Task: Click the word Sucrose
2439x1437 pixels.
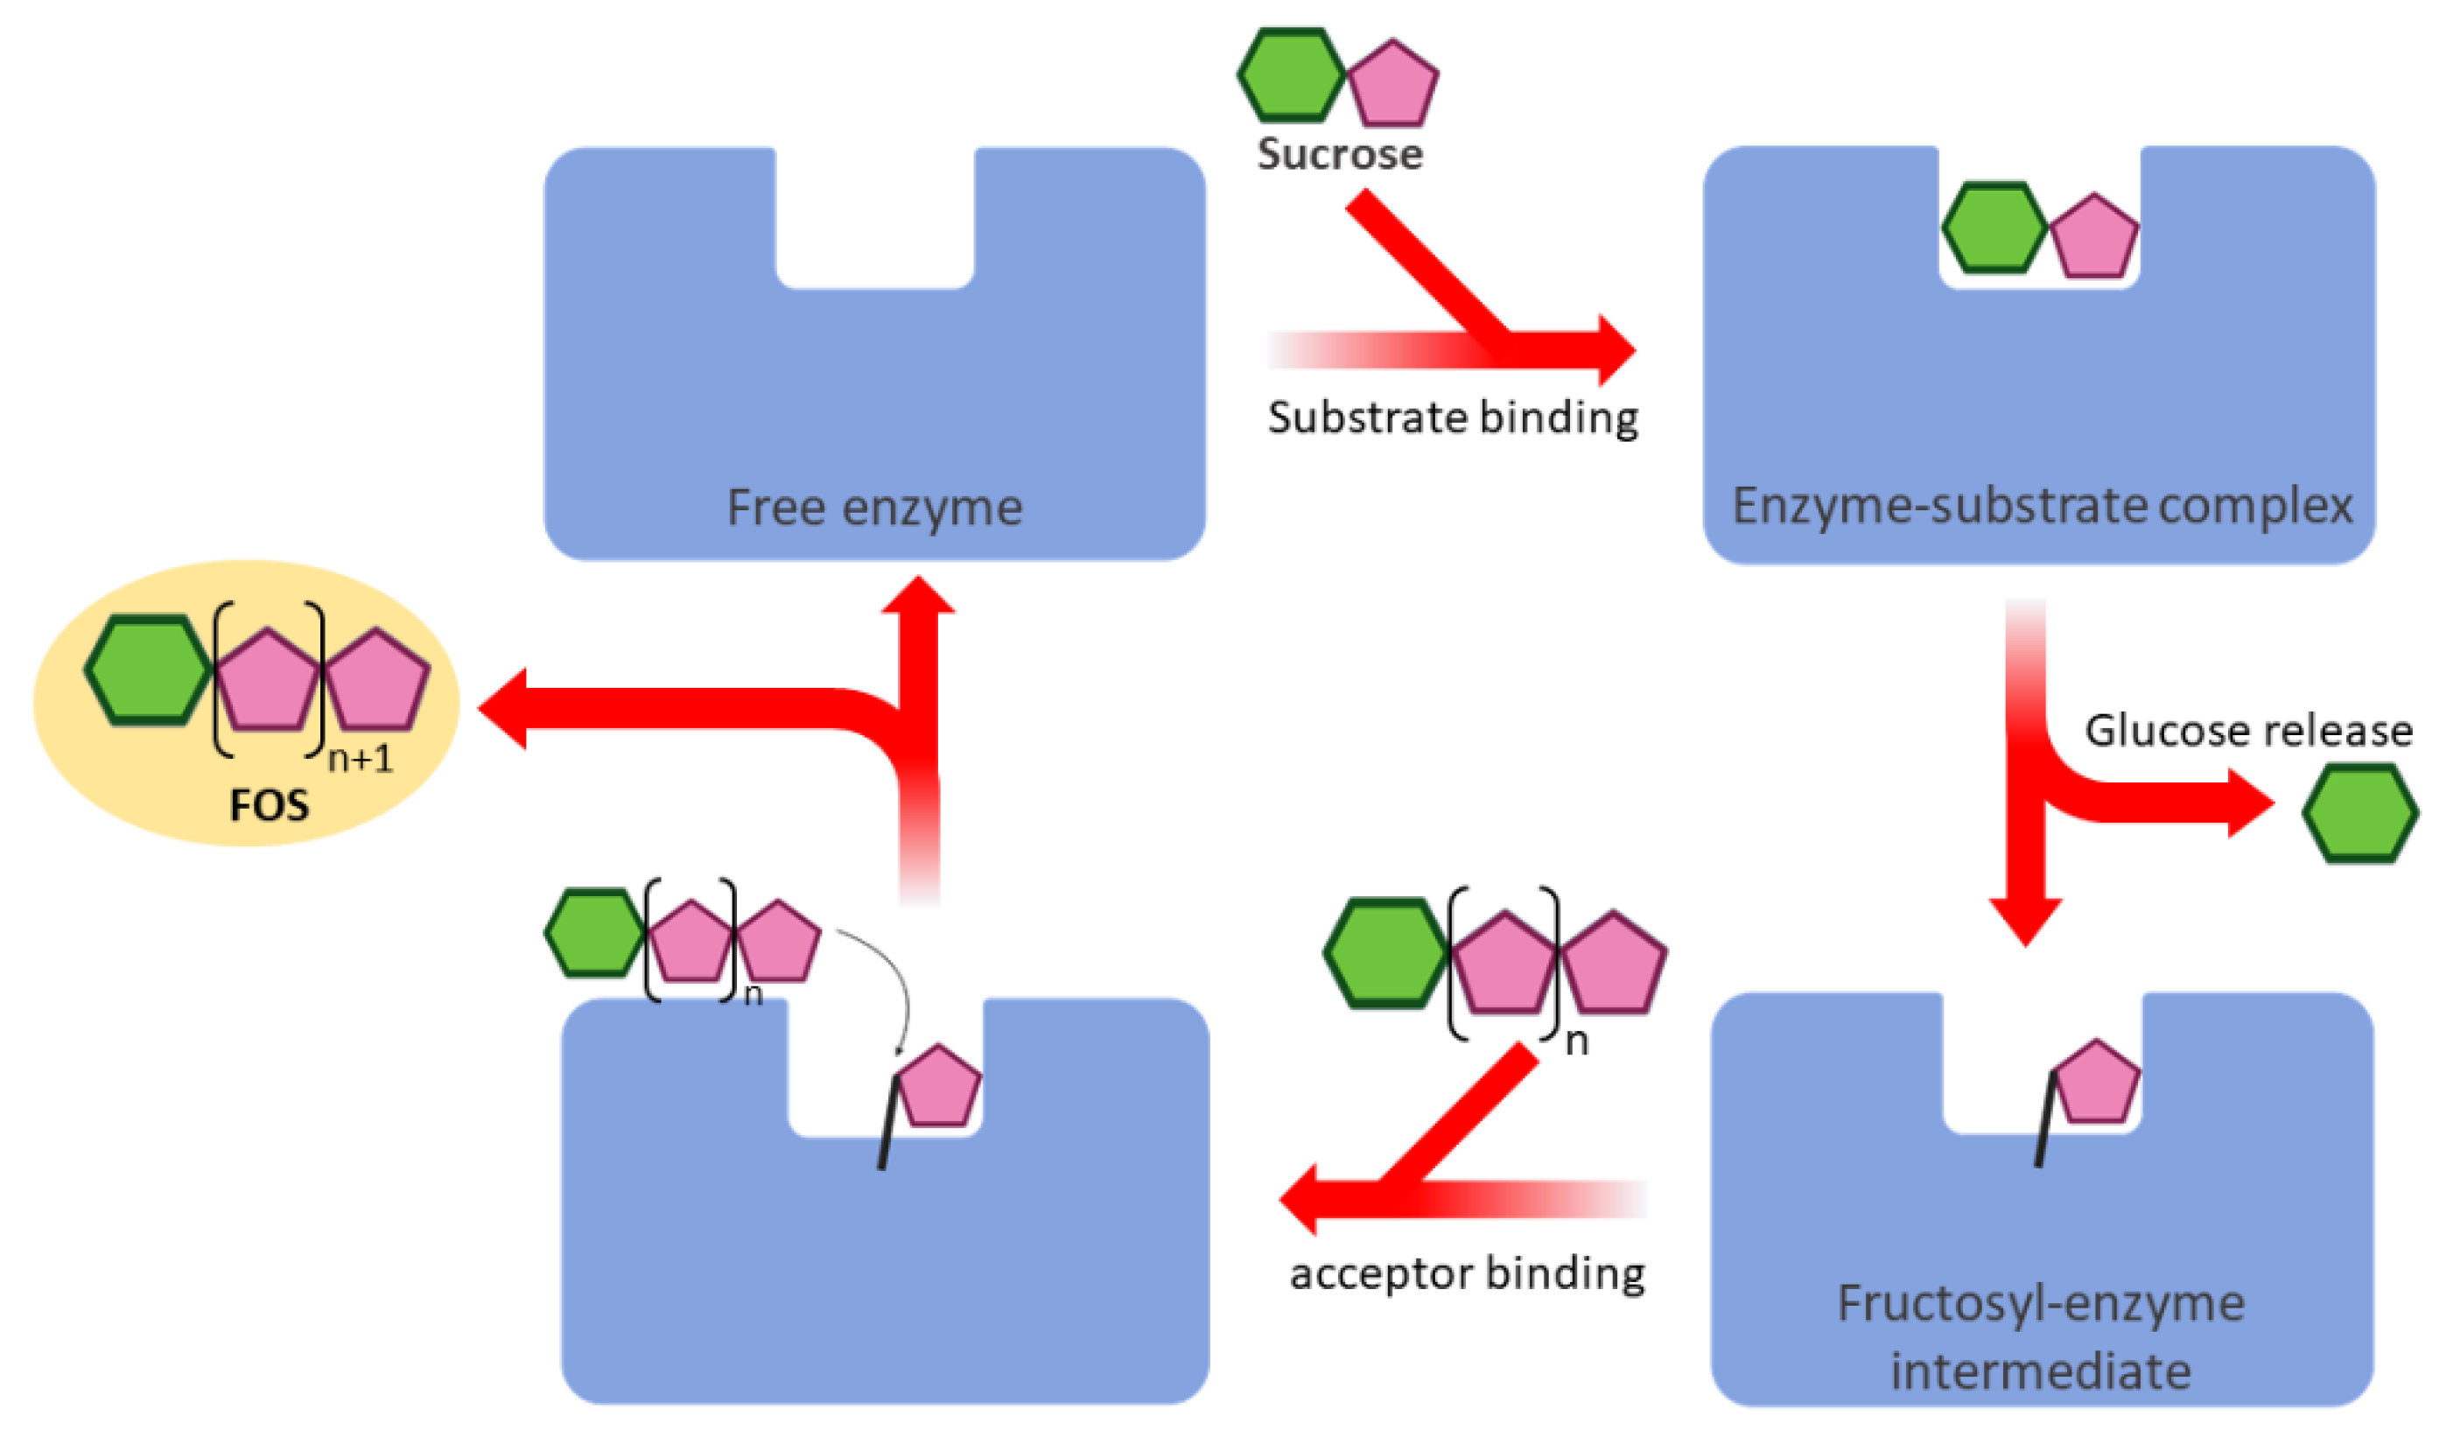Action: [x=1339, y=154]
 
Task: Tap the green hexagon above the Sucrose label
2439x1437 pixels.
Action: [x=1291, y=75]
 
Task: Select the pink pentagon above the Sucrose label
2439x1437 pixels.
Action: [x=1391, y=85]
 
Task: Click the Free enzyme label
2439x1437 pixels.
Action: [x=874, y=508]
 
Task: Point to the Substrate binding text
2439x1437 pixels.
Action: [x=1453, y=418]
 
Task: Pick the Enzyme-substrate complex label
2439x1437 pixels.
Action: [x=2041, y=506]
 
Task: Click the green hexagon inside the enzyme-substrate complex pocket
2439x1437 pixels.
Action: [x=1993, y=228]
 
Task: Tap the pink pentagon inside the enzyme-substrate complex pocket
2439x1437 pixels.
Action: [x=2094, y=237]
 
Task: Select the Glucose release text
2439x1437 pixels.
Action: [x=2247, y=731]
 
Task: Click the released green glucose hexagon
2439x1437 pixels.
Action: [x=2359, y=813]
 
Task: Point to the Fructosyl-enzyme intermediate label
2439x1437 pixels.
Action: [x=2040, y=1337]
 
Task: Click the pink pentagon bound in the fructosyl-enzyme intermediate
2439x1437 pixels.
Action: [x=2095, y=1083]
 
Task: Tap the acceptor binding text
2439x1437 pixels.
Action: [x=1466, y=1273]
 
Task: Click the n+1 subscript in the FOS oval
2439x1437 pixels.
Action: [x=361, y=759]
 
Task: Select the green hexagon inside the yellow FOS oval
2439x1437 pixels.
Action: [x=147, y=670]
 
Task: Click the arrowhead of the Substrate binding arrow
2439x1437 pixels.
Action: [x=1615, y=349]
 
